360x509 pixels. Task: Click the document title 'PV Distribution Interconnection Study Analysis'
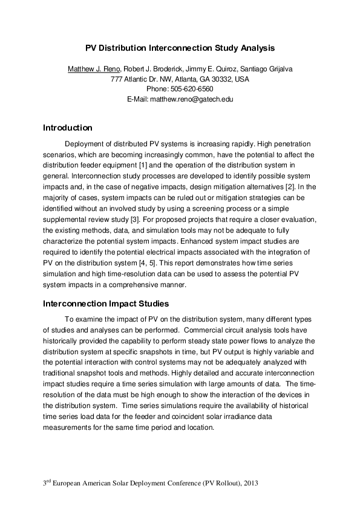180,47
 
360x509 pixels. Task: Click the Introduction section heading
67,128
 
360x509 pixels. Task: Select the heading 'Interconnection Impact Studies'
106,303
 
